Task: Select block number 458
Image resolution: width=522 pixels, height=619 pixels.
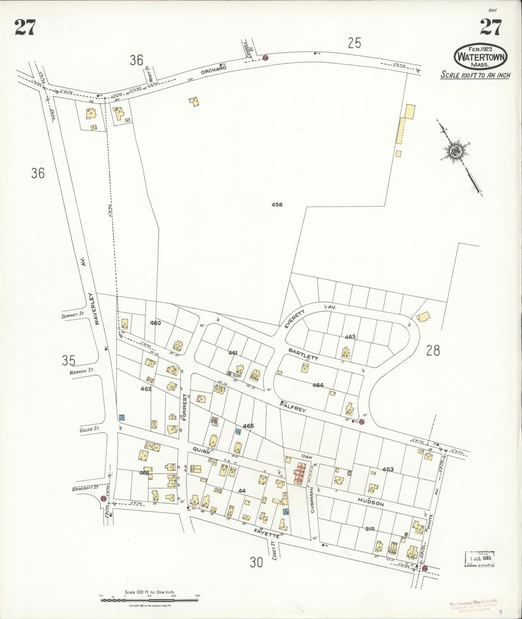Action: [x=277, y=204]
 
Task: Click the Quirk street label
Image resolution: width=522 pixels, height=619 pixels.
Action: [x=202, y=450]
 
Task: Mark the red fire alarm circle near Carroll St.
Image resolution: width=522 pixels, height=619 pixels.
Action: [x=266, y=58]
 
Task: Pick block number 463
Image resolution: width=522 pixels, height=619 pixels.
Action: [x=350, y=337]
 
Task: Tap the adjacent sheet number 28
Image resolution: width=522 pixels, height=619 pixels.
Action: [x=433, y=350]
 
